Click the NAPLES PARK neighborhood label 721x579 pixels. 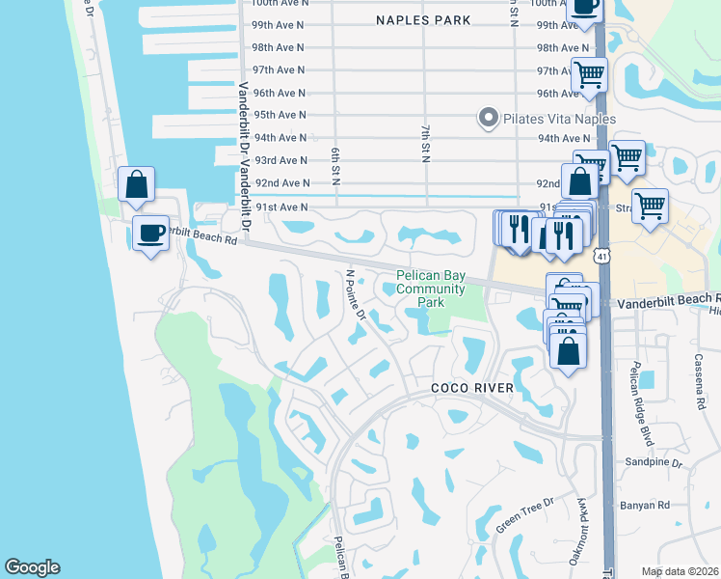click(x=423, y=20)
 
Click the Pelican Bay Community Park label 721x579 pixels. click(x=431, y=289)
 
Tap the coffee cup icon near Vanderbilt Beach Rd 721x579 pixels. click(x=149, y=234)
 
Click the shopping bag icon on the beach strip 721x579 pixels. click(x=137, y=183)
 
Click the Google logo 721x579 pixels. click(x=32, y=567)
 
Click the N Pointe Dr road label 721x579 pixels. click(x=355, y=294)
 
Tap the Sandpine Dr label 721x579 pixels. click(x=663, y=464)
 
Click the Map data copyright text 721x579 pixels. click(x=681, y=571)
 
